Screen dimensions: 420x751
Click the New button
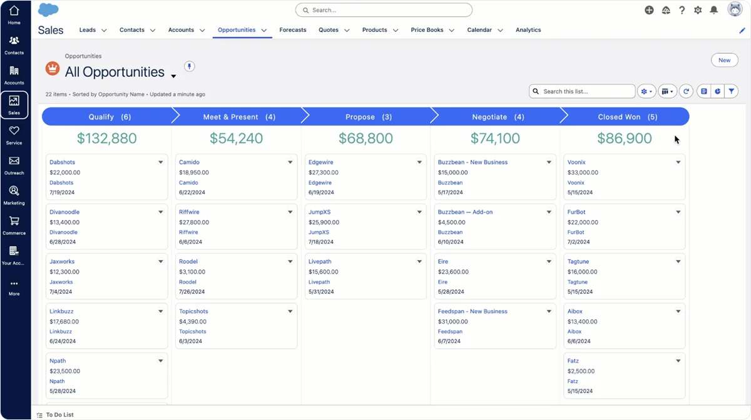(724, 60)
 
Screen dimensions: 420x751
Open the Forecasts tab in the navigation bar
(293, 30)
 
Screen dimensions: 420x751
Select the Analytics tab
(528, 30)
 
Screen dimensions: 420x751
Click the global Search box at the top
(384, 10)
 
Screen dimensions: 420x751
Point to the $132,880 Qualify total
(106, 139)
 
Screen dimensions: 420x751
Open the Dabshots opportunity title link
(63, 162)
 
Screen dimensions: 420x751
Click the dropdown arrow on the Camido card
(290, 162)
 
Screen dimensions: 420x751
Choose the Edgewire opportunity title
(320, 162)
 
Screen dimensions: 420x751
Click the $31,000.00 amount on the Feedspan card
(453, 322)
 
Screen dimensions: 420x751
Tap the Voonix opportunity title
(576, 162)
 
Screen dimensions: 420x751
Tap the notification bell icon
(713, 10)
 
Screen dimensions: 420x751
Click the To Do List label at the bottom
(59, 415)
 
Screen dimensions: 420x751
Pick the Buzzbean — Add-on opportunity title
(465, 212)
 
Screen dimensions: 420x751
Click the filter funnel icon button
(731, 91)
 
